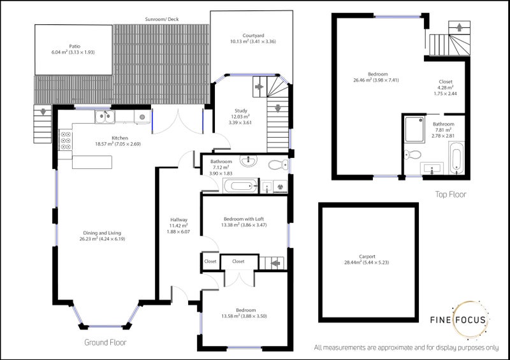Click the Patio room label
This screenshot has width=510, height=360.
pos(75,46)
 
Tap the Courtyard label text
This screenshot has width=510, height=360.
pos(253,36)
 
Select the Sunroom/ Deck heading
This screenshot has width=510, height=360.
pos(162,19)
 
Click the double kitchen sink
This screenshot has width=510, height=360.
pos(105,117)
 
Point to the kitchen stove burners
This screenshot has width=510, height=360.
pos(66,140)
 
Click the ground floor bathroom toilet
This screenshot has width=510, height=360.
pos(278,165)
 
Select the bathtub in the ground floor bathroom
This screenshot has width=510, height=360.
pos(241,186)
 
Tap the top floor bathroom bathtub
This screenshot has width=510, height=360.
pos(456,157)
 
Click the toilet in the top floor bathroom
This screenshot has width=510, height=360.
pos(412,154)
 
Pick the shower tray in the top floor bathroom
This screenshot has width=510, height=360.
pos(415,129)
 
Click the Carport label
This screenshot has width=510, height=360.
pos(367,257)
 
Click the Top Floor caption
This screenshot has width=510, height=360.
pos(451,194)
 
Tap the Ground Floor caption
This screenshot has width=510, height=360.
pos(105,342)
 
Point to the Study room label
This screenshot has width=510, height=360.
pos(241,111)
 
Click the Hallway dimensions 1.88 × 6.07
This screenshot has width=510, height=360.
pos(178,232)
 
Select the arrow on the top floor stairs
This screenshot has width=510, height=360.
pos(459,27)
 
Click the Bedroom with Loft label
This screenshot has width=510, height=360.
pos(244,219)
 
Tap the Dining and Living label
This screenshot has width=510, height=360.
pos(102,233)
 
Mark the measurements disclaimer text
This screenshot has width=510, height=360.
pos(406,348)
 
